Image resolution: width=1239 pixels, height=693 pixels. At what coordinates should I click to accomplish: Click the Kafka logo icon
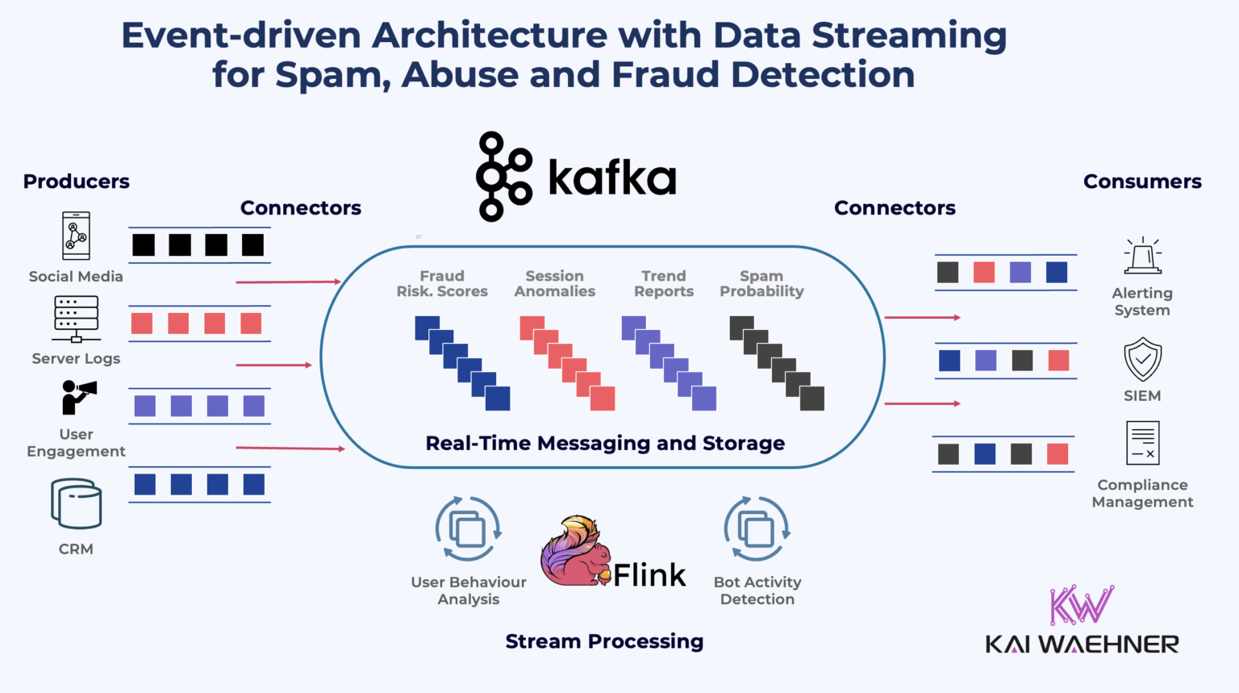(x=503, y=177)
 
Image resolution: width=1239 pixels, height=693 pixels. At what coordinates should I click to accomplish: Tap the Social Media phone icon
(x=77, y=236)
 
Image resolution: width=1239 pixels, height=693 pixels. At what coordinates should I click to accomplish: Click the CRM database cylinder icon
(x=77, y=504)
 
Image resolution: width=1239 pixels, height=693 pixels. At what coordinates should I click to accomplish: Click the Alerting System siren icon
(x=1142, y=257)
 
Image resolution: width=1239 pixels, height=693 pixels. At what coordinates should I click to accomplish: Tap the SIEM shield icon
(x=1142, y=360)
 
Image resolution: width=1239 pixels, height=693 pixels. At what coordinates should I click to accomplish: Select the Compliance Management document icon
(x=1142, y=443)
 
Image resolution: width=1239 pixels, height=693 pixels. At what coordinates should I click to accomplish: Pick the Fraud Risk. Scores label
(x=442, y=284)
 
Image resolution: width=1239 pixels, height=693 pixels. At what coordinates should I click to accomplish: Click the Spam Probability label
(x=761, y=284)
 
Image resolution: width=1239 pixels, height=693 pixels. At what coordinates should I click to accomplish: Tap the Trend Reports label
(x=663, y=284)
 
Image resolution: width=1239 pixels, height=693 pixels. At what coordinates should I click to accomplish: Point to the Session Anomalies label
(x=555, y=284)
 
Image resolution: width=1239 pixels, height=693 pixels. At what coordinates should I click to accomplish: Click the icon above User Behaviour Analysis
(x=469, y=529)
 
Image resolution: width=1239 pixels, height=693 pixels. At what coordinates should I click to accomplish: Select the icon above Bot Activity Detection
(x=757, y=529)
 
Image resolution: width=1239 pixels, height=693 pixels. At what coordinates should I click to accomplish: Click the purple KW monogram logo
(x=1081, y=605)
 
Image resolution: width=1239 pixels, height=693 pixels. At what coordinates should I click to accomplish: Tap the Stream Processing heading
(x=604, y=641)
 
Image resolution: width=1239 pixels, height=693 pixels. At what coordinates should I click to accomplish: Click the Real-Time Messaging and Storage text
(x=605, y=443)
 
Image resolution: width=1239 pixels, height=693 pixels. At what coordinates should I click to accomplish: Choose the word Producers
(x=77, y=182)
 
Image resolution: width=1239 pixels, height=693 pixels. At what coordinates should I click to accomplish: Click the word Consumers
(x=1142, y=182)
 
